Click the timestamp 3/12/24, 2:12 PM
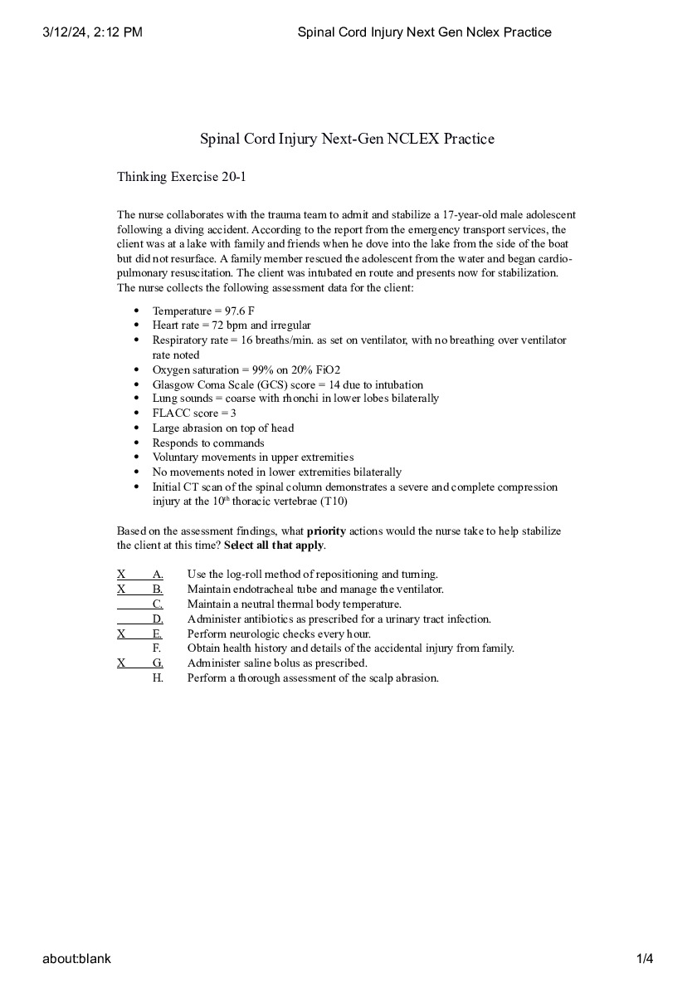click(x=92, y=32)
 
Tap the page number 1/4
click(x=645, y=959)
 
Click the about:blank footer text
click(x=77, y=959)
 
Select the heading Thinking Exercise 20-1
click(x=182, y=177)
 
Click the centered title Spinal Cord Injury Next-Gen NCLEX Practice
click(x=347, y=139)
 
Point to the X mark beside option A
click(x=121, y=574)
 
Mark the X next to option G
click(x=121, y=663)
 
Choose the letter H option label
click(x=157, y=678)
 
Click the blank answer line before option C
click(x=133, y=604)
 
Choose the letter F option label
click(x=157, y=648)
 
